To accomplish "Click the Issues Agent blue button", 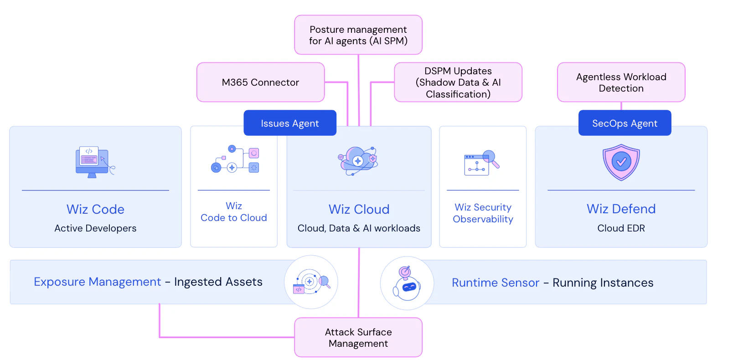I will (290, 123).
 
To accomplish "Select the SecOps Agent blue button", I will (625, 123).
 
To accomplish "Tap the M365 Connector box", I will (260, 82).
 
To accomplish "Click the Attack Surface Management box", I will (358, 338).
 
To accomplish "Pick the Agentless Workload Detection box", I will (621, 82).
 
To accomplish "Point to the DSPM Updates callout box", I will (458, 82).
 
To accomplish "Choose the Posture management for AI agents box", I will (358, 35).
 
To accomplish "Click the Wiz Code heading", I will (95, 209).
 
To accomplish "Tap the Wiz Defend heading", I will (621, 209).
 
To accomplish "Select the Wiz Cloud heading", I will (359, 209).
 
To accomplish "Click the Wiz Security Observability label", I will (483, 213).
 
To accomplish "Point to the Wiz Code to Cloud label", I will (234, 212).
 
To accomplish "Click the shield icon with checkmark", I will (621, 162).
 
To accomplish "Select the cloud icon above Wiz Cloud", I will (359, 160).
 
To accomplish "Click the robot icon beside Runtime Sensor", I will (407, 283).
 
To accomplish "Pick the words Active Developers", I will (95, 228).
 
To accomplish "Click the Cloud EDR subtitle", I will (621, 228).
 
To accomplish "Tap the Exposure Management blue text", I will (97, 282).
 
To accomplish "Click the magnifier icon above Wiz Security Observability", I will (490, 159).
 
